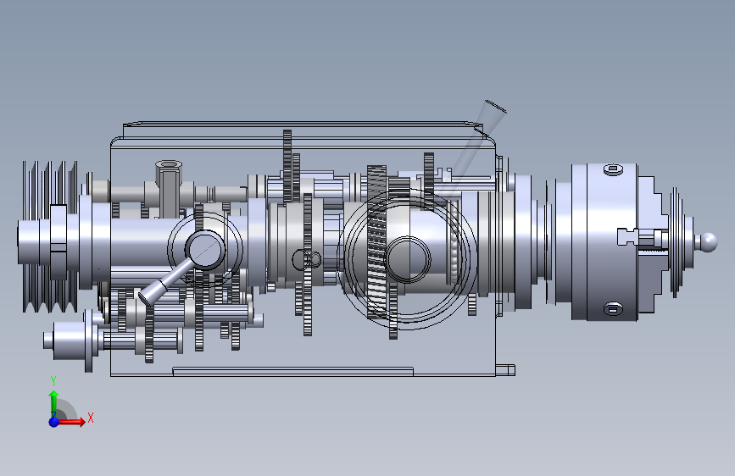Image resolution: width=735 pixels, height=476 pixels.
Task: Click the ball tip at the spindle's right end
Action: point(708,242)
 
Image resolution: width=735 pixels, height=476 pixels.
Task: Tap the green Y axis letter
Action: point(53,381)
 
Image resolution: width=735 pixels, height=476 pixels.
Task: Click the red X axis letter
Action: point(91,418)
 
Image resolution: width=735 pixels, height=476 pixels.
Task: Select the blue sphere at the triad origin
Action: point(54,422)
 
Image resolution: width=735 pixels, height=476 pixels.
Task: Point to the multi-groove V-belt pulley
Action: point(50,236)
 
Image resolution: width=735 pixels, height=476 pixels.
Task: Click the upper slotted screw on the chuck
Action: point(613,169)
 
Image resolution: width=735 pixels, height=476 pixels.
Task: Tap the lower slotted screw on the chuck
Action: point(613,309)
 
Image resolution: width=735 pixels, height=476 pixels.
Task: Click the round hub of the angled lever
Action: point(205,250)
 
